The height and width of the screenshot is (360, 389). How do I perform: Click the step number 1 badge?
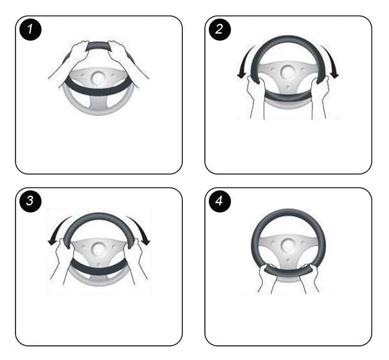click(30, 29)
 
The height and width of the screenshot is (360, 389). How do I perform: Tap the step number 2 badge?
click(220, 29)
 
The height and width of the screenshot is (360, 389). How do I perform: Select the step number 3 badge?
click(30, 200)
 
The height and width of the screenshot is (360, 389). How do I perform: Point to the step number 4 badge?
click(220, 200)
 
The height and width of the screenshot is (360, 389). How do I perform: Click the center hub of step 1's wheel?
click(98, 78)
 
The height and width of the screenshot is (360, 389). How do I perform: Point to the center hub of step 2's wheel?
click(287, 72)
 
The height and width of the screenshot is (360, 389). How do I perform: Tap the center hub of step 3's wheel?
click(99, 249)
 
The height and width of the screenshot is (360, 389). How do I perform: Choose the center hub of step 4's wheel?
click(287, 245)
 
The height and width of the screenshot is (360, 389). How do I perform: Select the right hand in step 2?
click(320, 97)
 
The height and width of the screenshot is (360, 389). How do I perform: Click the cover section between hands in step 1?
click(98, 46)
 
